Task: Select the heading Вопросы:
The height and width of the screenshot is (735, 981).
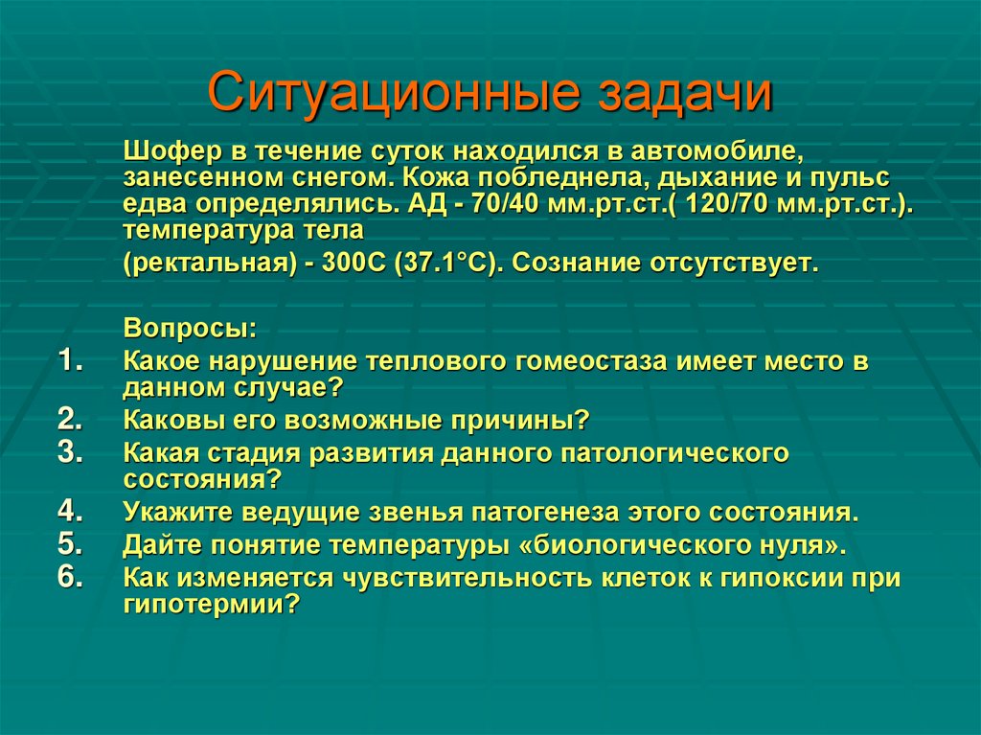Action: (x=190, y=329)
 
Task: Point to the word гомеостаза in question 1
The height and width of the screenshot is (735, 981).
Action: (x=576, y=361)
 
